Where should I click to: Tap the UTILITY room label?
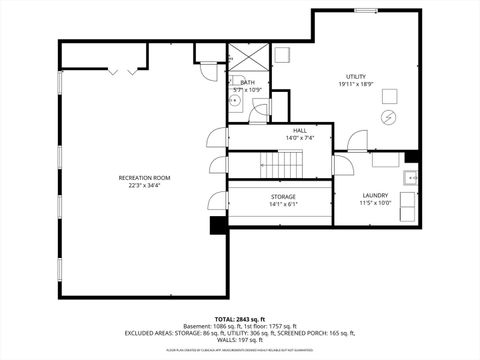coord(355,76)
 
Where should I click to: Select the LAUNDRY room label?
coord(375,195)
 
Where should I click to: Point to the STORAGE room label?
coord(282,197)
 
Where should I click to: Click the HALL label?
coord(300,130)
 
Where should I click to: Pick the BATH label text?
coord(246,83)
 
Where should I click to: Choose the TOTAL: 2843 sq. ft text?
coord(240,318)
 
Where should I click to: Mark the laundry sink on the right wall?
coord(410,178)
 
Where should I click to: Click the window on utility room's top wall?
coord(366,10)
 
